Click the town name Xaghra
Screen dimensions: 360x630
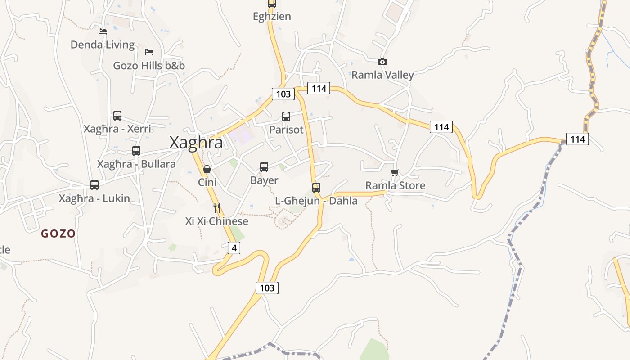click(x=196, y=142)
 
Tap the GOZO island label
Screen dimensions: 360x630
click(x=58, y=234)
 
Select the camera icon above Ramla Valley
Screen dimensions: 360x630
click(x=382, y=62)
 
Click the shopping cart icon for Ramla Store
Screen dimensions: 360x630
click(x=395, y=172)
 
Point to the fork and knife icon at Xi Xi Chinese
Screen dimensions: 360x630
click(x=217, y=207)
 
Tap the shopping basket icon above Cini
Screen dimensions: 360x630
click(x=207, y=169)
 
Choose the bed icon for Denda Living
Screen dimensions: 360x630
click(x=103, y=31)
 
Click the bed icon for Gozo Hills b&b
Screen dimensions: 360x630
click(x=149, y=52)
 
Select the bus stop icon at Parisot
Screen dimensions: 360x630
click(x=286, y=117)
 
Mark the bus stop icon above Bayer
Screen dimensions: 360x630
click(x=264, y=167)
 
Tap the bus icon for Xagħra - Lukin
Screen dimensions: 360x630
click(x=94, y=184)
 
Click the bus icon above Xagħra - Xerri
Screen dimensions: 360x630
click(x=117, y=116)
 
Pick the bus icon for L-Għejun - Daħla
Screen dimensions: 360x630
click(x=316, y=188)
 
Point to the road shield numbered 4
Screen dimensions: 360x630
click(x=234, y=247)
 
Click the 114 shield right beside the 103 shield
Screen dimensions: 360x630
click(x=319, y=88)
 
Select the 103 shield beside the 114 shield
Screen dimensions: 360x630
click(x=283, y=94)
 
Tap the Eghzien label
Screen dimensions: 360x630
click(x=272, y=17)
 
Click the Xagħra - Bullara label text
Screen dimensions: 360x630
click(x=136, y=164)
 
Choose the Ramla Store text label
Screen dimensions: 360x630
click(x=395, y=185)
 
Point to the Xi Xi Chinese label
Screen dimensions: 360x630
click(x=217, y=221)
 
